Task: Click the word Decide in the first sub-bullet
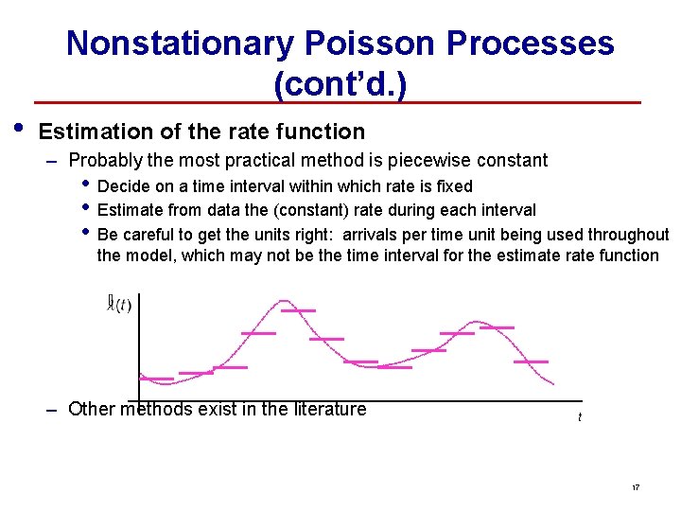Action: point(122,186)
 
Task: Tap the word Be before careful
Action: point(108,234)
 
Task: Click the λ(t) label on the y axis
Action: point(120,304)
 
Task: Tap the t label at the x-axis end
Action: point(580,417)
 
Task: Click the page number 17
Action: point(636,487)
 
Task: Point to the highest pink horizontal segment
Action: point(298,309)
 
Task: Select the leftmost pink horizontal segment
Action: point(157,379)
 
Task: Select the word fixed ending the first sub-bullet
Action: point(454,186)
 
